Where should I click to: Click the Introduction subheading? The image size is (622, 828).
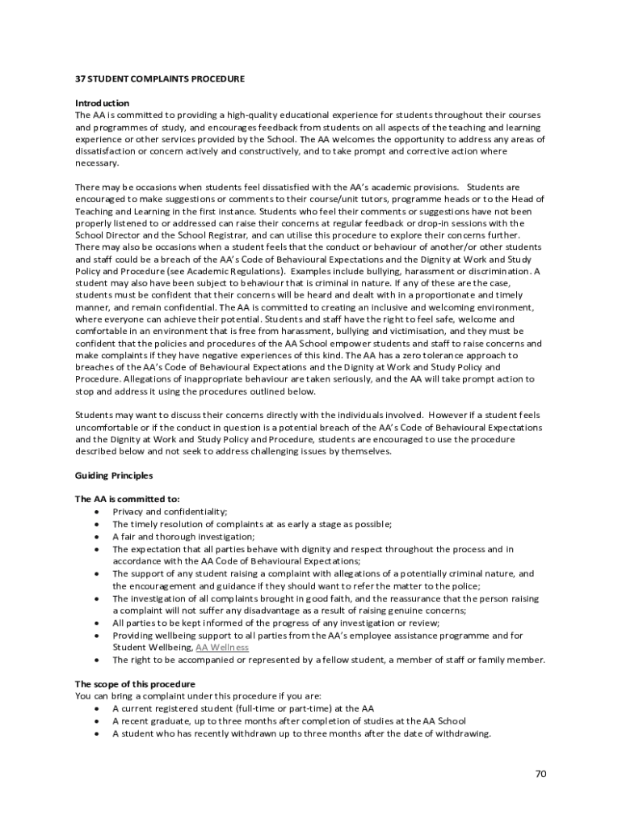pos(102,103)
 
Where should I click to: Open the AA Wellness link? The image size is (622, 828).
pos(222,648)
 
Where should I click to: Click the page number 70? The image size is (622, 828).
pos(540,774)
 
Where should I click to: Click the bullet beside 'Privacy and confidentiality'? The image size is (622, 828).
pos(97,512)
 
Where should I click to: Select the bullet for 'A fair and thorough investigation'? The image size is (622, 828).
pos(97,537)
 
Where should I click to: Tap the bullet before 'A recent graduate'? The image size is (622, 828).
pos(97,721)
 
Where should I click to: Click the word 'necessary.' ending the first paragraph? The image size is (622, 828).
pos(97,163)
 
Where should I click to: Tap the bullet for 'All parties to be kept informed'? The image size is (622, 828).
pos(97,623)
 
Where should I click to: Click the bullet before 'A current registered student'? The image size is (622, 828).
pos(97,709)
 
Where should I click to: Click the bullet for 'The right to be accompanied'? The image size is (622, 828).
pos(97,660)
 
